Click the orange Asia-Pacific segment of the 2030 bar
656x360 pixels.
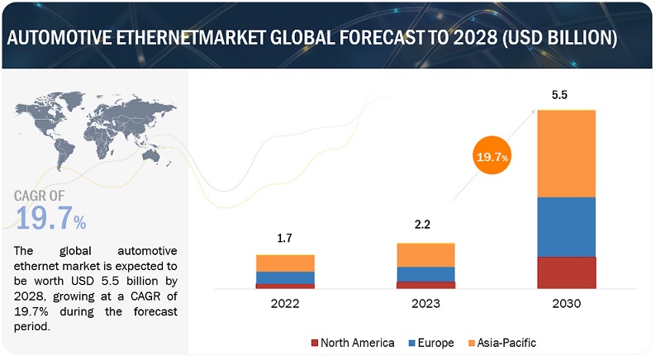pyautogui.click(x=566, y=153)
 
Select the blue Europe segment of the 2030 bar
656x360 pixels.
pyautogui.click(x=566, y=226)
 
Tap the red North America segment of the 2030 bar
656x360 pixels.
pyautogui.click(x=566, y=272)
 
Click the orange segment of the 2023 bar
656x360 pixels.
pyautogui.click(x=425, y=254)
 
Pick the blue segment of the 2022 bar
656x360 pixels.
pyautogui.click(x=285, y=277)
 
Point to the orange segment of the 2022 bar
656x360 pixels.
pyautogui.click(x=285, y=263)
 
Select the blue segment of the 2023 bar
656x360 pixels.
pyautogui.click(x=425, y=274)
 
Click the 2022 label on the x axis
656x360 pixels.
pyautogui.click(x=285, y=304)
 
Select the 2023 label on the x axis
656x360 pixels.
pyautogui.click(x=425, y=304)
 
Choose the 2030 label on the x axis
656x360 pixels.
pyautogui.click(x=566, y=304)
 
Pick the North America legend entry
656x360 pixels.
pyautogui.click(x=352, y=342)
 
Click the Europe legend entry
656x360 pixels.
pyautogui.click(x=434, y=342)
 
